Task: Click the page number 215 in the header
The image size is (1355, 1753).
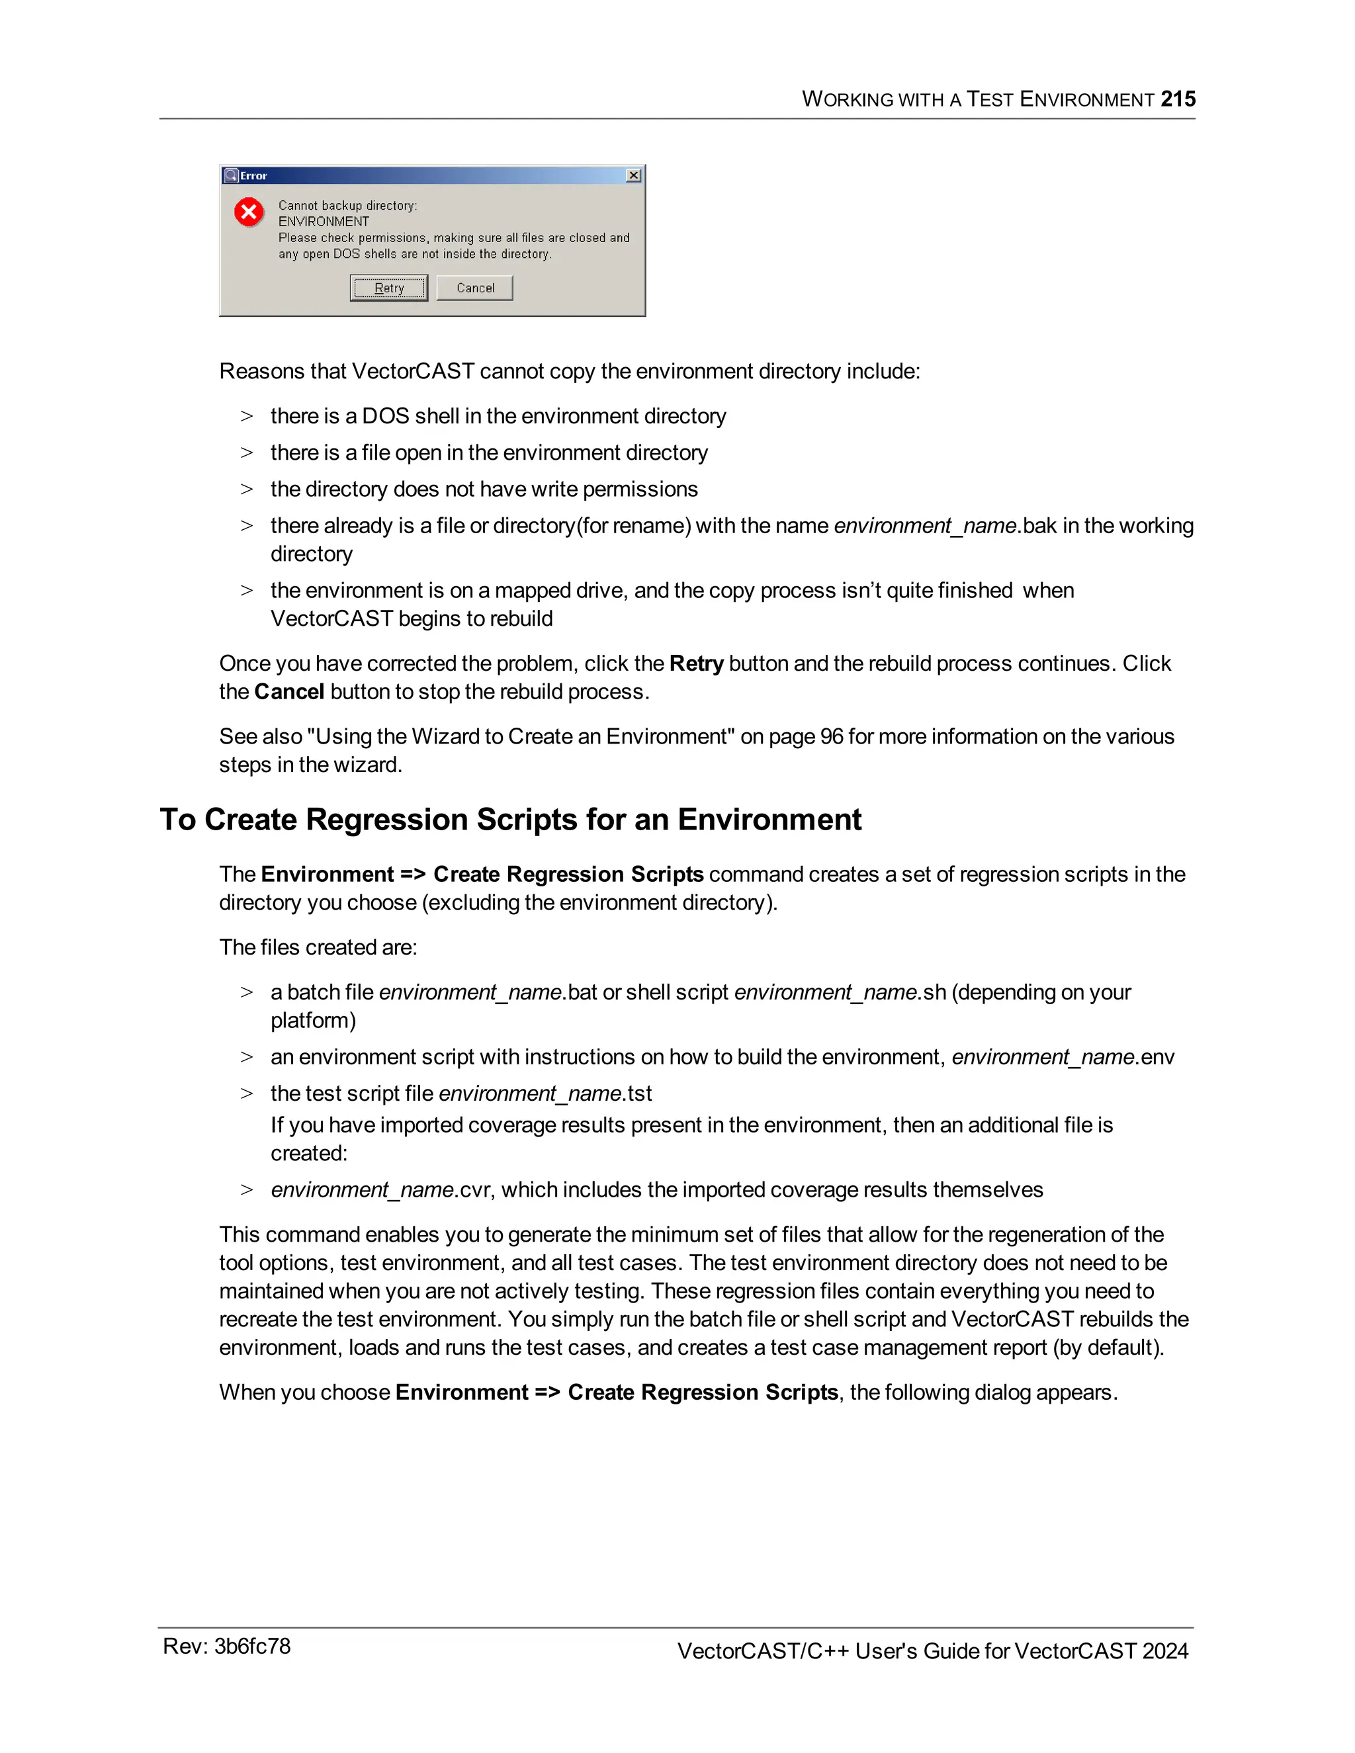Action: pos(1178,99)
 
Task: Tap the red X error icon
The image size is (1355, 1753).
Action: pos(249,212)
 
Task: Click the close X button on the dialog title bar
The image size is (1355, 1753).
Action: pos(633,175)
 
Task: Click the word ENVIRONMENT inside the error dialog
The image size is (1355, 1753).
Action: pos(324,222)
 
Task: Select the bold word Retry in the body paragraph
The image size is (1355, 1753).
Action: pos(696,663)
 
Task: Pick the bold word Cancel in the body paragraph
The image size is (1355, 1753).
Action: pos(289,692)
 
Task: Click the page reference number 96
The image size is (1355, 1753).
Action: pos(832,737)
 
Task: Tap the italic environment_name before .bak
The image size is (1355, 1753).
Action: pos(926,526)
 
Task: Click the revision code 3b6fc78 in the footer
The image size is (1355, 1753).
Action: pos(252,1646)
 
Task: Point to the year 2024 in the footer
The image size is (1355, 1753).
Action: pos(1164,1651)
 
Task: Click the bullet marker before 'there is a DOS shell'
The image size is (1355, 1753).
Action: pos(246,417)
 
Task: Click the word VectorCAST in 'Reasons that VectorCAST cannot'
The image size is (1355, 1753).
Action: pos(413,372)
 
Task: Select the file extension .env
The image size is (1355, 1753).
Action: pos(1156,1057)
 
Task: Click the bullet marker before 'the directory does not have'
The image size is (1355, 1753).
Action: pos(246,490)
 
